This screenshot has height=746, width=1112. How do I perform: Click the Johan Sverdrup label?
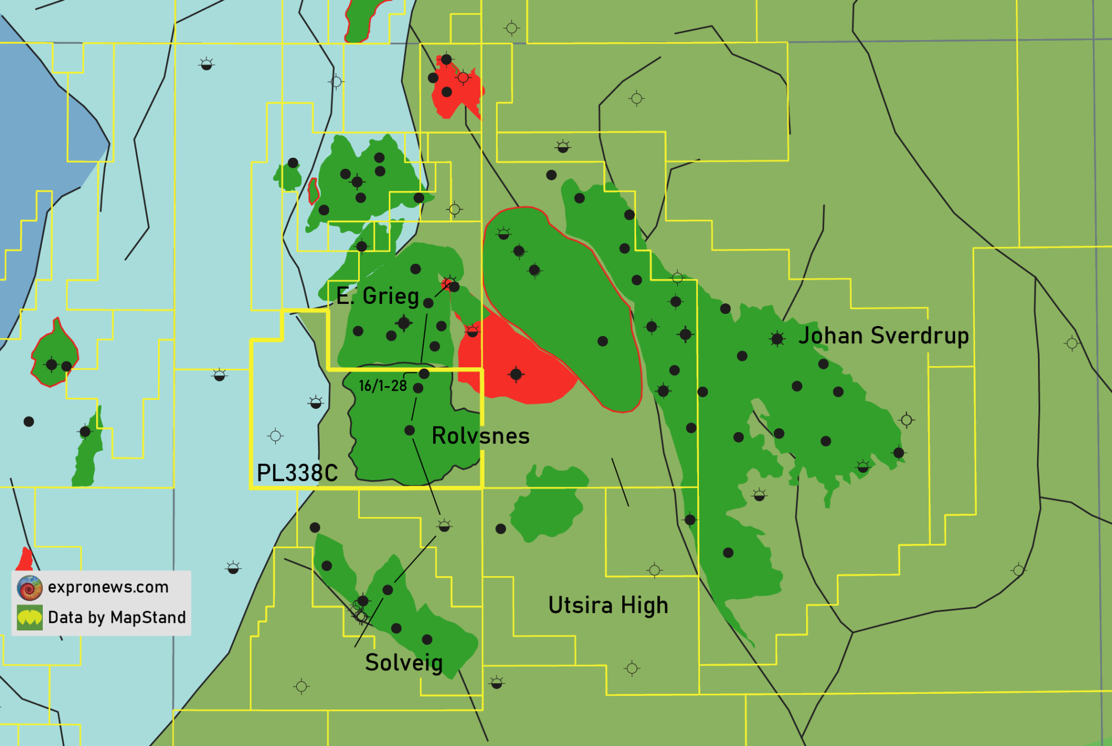tap(883, 336)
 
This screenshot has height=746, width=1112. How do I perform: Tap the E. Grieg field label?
tap(378, 296)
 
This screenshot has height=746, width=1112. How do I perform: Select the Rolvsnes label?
tap(480, 436)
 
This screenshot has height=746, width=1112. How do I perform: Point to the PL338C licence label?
tap(297, 473)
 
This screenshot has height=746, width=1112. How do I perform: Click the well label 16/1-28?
tap(383, 386)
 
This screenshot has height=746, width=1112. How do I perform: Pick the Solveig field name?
tap(404, 663)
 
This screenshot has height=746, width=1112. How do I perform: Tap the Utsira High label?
tap(608, 605)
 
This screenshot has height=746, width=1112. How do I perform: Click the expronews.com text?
tap(108, 587)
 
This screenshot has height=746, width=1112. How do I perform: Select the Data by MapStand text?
tap(117, 618)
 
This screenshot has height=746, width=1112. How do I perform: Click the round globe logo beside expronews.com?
tap(29, 588)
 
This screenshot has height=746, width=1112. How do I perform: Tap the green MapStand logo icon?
tap(29, 618)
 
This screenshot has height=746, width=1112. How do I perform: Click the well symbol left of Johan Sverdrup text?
tap(777, 338)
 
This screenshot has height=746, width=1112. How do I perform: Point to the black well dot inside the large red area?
tap(516, 374)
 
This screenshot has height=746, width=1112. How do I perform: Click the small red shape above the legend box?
tap(25, 559)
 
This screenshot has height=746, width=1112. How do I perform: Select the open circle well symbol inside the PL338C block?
tap(275, 436)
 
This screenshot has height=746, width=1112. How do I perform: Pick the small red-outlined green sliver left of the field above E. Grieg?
tap(314, 191)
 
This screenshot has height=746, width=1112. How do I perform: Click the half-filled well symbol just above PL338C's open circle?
tap(316, 402)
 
